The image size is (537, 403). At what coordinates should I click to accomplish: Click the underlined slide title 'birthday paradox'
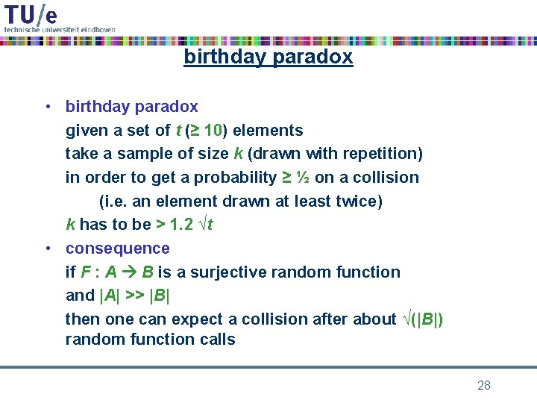(268, 57)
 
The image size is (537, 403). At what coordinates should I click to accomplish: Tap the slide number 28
(483, 385)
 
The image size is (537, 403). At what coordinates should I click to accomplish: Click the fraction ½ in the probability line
(302, 178)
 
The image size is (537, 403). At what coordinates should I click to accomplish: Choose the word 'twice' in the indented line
(357, 201)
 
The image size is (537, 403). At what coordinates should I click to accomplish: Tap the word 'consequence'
(118, 248)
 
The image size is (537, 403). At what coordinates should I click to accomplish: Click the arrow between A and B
(128, 272)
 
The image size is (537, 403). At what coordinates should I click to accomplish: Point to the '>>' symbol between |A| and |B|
(134, 296)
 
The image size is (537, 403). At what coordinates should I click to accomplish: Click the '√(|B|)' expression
(422, 319)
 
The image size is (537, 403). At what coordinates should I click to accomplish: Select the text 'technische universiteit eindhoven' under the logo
(60, 29)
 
